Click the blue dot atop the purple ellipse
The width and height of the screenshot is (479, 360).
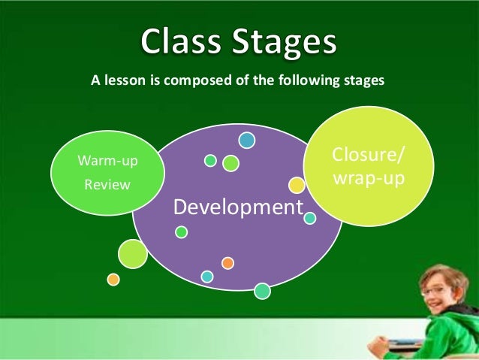point(247,140)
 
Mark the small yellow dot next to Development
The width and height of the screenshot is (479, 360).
point(297,185)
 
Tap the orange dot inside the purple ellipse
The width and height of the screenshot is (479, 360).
point(227,262)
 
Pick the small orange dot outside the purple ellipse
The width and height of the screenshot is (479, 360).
point(113,279)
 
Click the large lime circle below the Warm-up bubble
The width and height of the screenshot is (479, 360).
point(133,253)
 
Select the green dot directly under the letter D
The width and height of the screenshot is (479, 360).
point(181,232)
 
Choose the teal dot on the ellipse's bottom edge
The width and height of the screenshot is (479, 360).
point(262,290)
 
